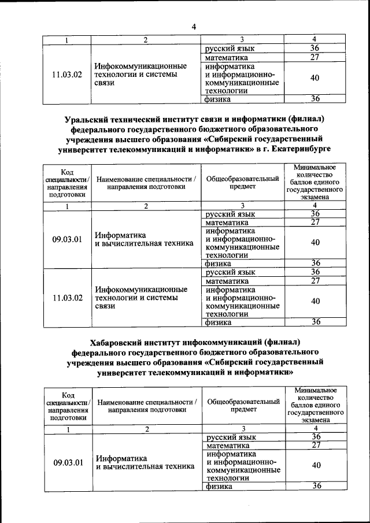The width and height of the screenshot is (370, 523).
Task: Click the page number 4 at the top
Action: (x=194, y=27)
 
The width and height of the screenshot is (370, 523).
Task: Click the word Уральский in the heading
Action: (x=86, y=120)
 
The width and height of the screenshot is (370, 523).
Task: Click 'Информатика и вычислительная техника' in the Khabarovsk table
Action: (x=145, y=462)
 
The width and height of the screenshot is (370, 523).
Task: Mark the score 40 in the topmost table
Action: (x=315, y=78)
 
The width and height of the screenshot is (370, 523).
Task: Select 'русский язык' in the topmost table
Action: (x=230, y=49)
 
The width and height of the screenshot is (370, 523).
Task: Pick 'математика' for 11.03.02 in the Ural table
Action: (x=227, y=281)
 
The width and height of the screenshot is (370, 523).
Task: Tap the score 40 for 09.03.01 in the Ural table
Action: (x=315, y=243)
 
